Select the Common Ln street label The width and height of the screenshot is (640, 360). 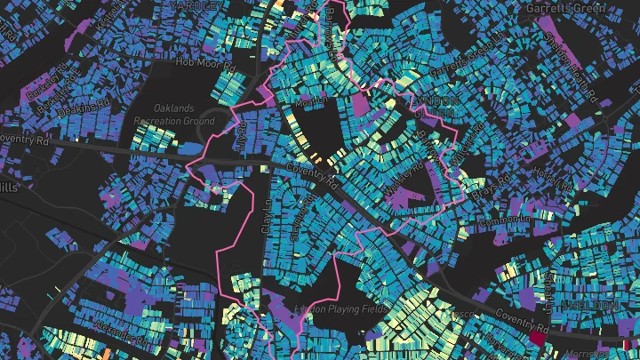click(504, 218)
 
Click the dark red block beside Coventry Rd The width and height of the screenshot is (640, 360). click(539, 339)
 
